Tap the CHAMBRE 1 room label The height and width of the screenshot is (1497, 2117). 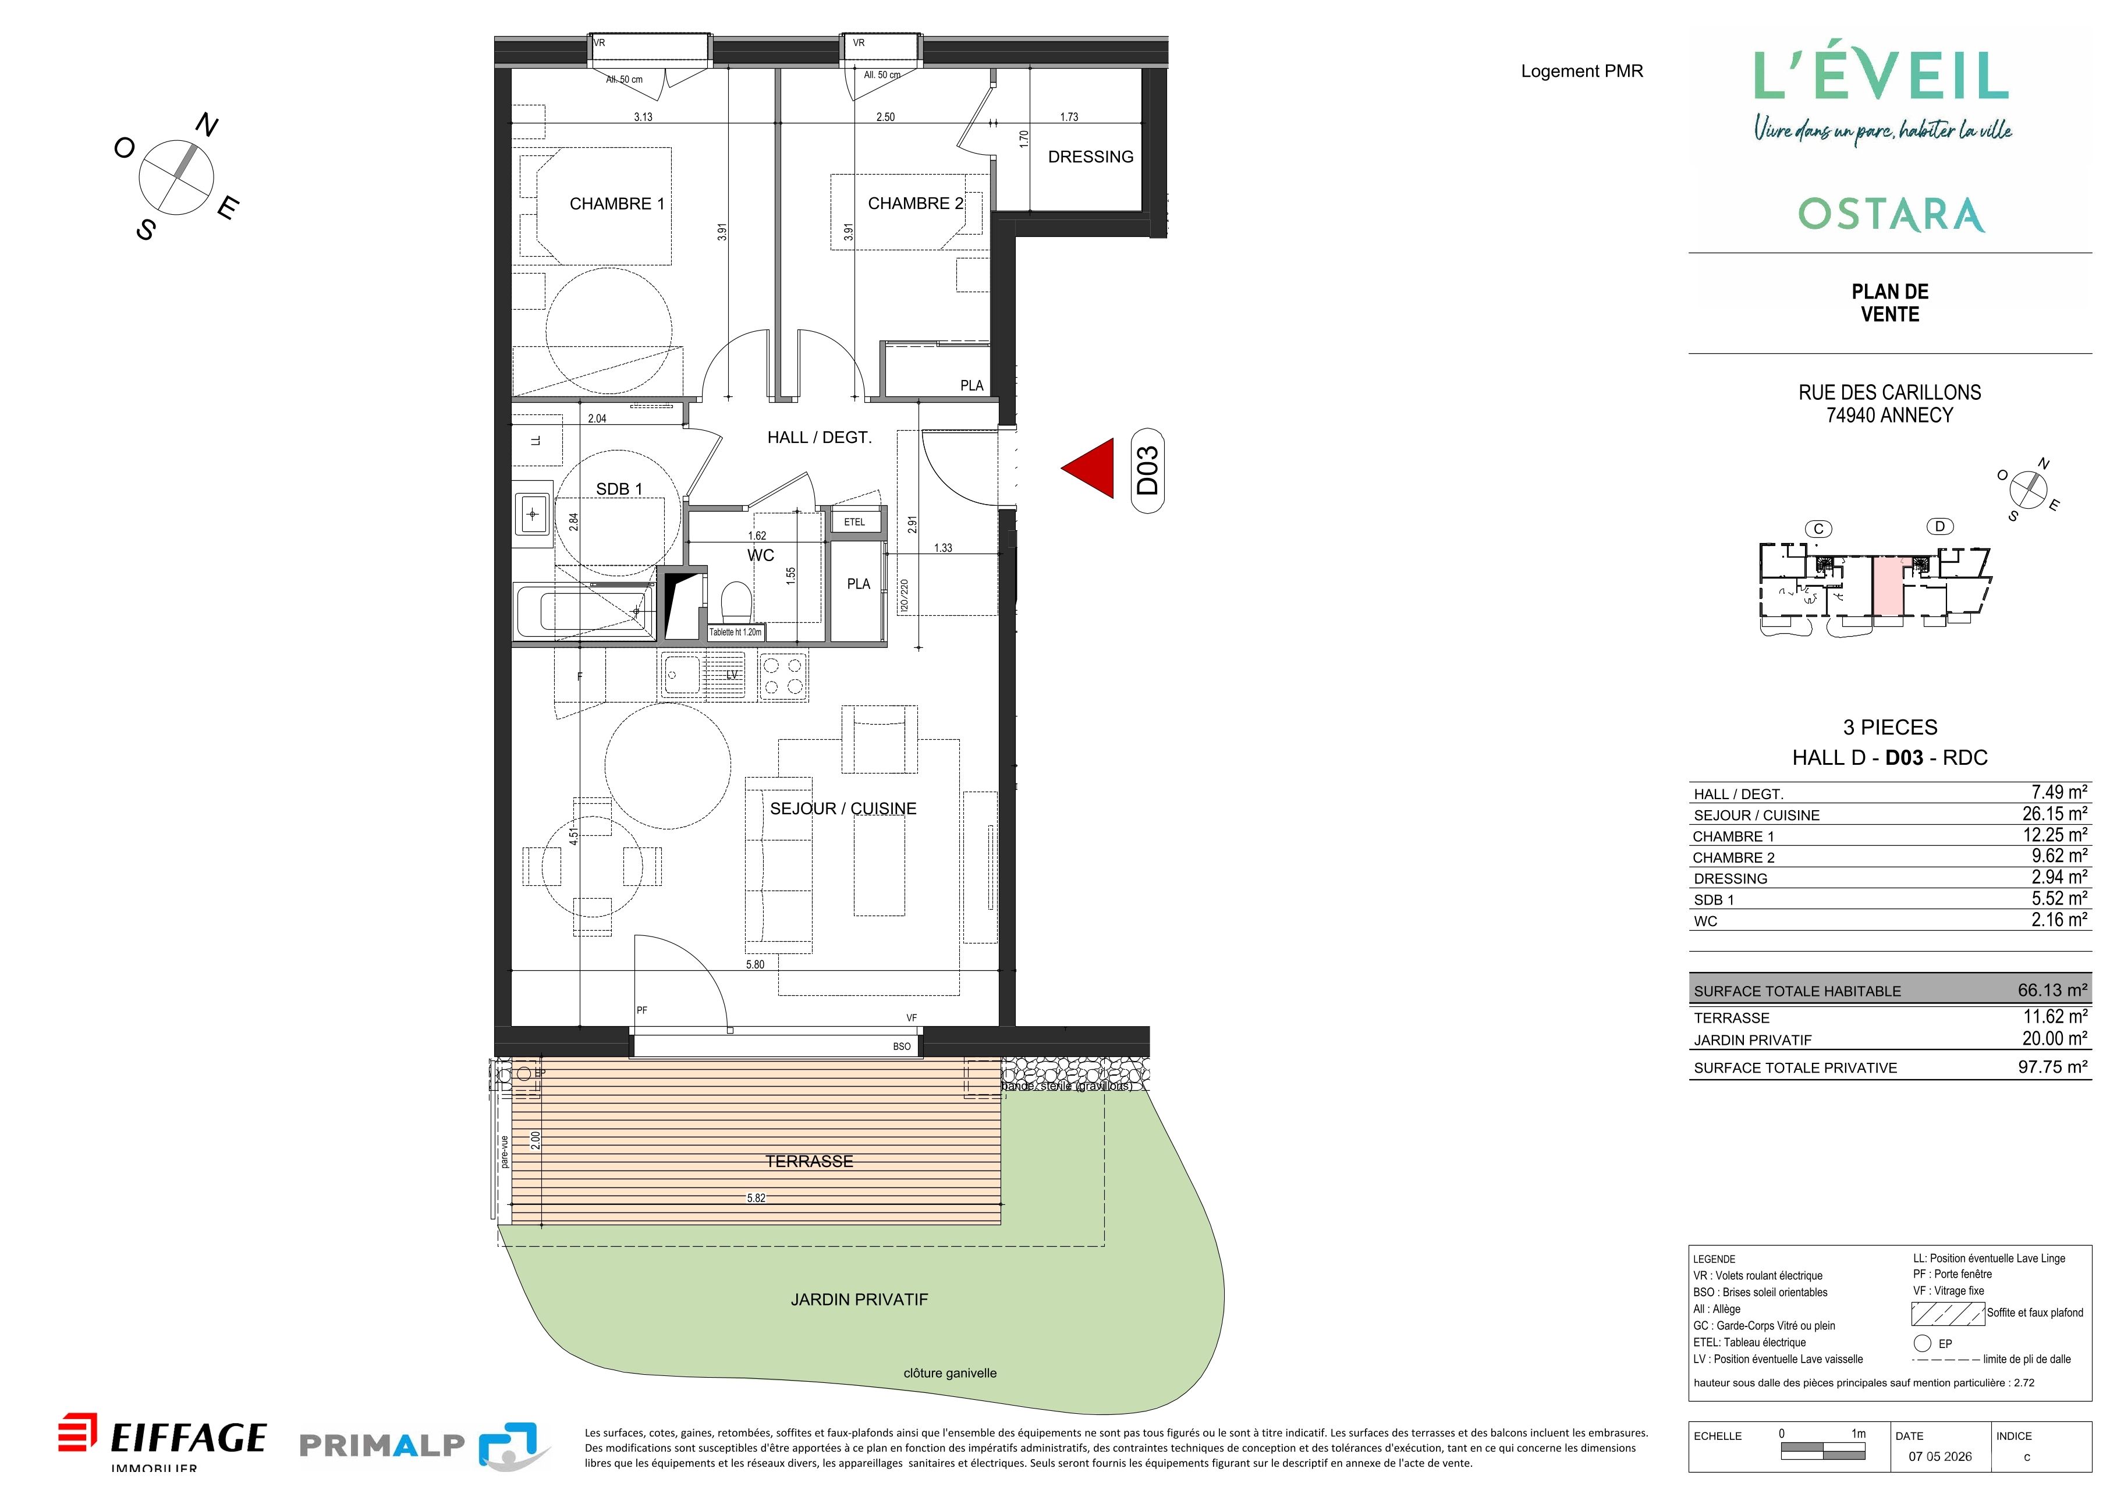pyautogui.click(x=617, y=204)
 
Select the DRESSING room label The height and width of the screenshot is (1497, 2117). pyautogui.click(x=1091, y=157)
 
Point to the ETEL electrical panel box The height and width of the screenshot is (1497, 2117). pyautogui.click(x=854, y=522)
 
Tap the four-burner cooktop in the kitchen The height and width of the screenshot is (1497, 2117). pyautogui.click(x=783, y=676)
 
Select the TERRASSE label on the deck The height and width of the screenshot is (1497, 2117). pyautogui.click(x=810, y=1162)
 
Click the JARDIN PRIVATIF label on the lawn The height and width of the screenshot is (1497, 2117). pyautogui.click(x=859, y=1300)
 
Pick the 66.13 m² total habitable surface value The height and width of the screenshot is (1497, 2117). pyautogui.click(x=2052, y=990)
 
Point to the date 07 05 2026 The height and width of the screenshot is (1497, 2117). pyautogui.click(x=1941, y=1456)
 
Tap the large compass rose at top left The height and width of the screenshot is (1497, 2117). pyautogui.click(x=176, y=175)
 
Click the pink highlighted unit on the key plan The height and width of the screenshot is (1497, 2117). pyautogui.click(x=1886, y=586)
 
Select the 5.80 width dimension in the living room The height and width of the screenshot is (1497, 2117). pyautogui.click(x=755, y=964)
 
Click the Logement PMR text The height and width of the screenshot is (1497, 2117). pyautogui.click(x=1582, y=71)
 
